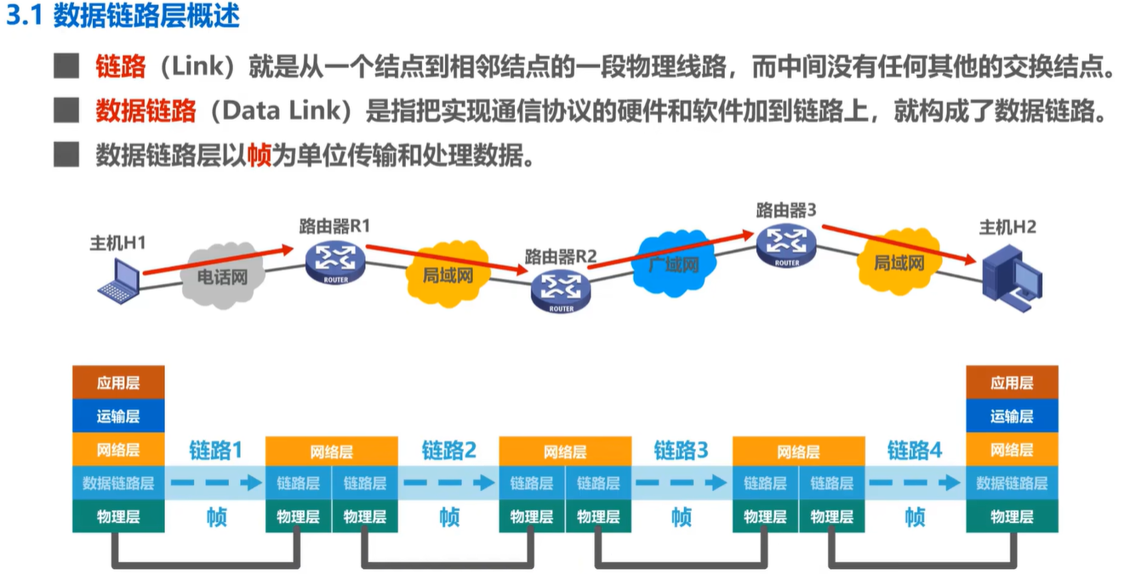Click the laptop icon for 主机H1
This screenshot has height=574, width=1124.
click(118, 280)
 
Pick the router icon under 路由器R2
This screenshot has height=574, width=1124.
click(561, 291)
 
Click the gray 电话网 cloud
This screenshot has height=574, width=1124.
click(222, 275)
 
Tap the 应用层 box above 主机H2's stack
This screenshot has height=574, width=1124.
click(1012, 383)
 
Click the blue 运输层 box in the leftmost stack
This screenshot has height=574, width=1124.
click(118, 416)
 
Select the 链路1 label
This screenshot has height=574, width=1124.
click(215, 451)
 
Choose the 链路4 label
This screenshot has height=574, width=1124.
click(915, 451)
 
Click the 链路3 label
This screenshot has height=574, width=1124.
click(681, 451)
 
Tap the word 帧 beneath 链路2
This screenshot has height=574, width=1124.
click(449, 516)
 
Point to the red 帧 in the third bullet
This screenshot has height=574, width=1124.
click(259, 156)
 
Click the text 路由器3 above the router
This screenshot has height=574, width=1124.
click(786, 209)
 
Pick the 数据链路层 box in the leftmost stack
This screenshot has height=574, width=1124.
click(118, 483)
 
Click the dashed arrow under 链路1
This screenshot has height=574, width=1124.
click(215, 483)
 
